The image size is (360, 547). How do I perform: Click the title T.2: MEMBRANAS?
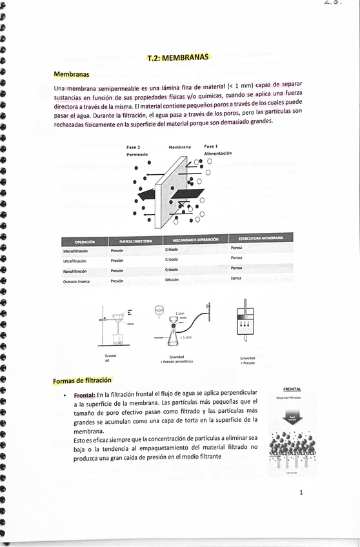(x=178, y=58)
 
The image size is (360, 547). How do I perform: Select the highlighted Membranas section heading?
(x=72, y=75)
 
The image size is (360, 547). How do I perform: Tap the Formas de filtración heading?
(x=83, y=380)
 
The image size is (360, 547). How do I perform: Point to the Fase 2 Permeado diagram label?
(x=137, y=151)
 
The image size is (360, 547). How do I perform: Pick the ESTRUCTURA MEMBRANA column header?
(x=261, y=238)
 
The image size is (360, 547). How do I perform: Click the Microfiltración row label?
(x=75, y=251)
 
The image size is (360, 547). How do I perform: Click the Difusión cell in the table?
(x=172, y=279)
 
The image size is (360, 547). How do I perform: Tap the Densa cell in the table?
(x=235, y=278)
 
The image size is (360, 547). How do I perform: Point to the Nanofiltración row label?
(x=75, y=272)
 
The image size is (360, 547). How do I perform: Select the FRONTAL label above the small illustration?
(x=292, y=389)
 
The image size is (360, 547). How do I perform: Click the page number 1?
(x=301, y=493)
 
